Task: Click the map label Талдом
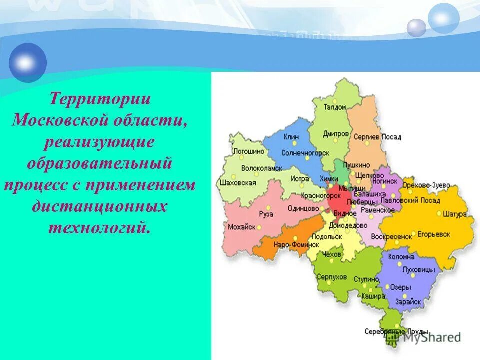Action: pos(334,107)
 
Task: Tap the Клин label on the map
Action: pos(291,136)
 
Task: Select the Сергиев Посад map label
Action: pos(377,136)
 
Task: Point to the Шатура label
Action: pos(455,214)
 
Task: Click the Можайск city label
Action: pos(241,227)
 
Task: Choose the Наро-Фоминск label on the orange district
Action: pos(296,245)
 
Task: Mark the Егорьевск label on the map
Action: pos(434,234)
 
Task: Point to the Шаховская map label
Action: pos(238,183)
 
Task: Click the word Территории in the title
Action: pos(100,98)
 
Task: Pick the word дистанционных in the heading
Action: pos(100,206)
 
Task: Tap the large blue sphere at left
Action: pos(28,62)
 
